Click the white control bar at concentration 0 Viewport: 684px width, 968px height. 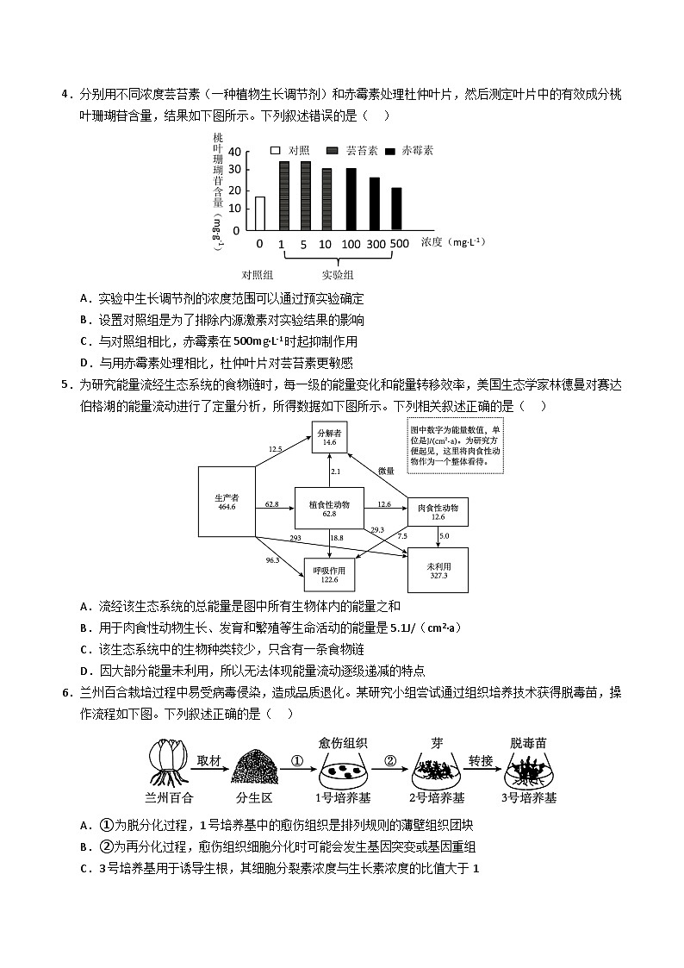tap(260, 215)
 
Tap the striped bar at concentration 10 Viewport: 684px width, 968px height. tap(326, 200)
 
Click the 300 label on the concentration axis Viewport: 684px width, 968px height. tap(376, 244)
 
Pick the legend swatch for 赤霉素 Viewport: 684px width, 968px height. tap(390, 151)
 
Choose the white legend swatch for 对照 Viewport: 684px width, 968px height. tap(276, 151)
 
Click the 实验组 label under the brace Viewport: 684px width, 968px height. tap(338, 275)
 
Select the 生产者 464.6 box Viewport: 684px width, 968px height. tap(226, 503)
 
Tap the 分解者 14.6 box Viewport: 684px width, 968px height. tap(330, 437)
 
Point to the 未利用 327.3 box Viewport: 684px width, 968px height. tap(438, 570)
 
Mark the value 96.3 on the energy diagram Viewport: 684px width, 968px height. tap(272, 560)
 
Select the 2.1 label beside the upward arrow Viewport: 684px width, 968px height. tap(336, 472)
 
